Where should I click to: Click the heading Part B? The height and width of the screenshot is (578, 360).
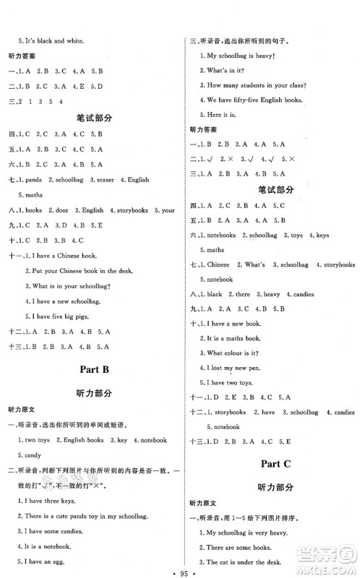(x=96, y=371)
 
